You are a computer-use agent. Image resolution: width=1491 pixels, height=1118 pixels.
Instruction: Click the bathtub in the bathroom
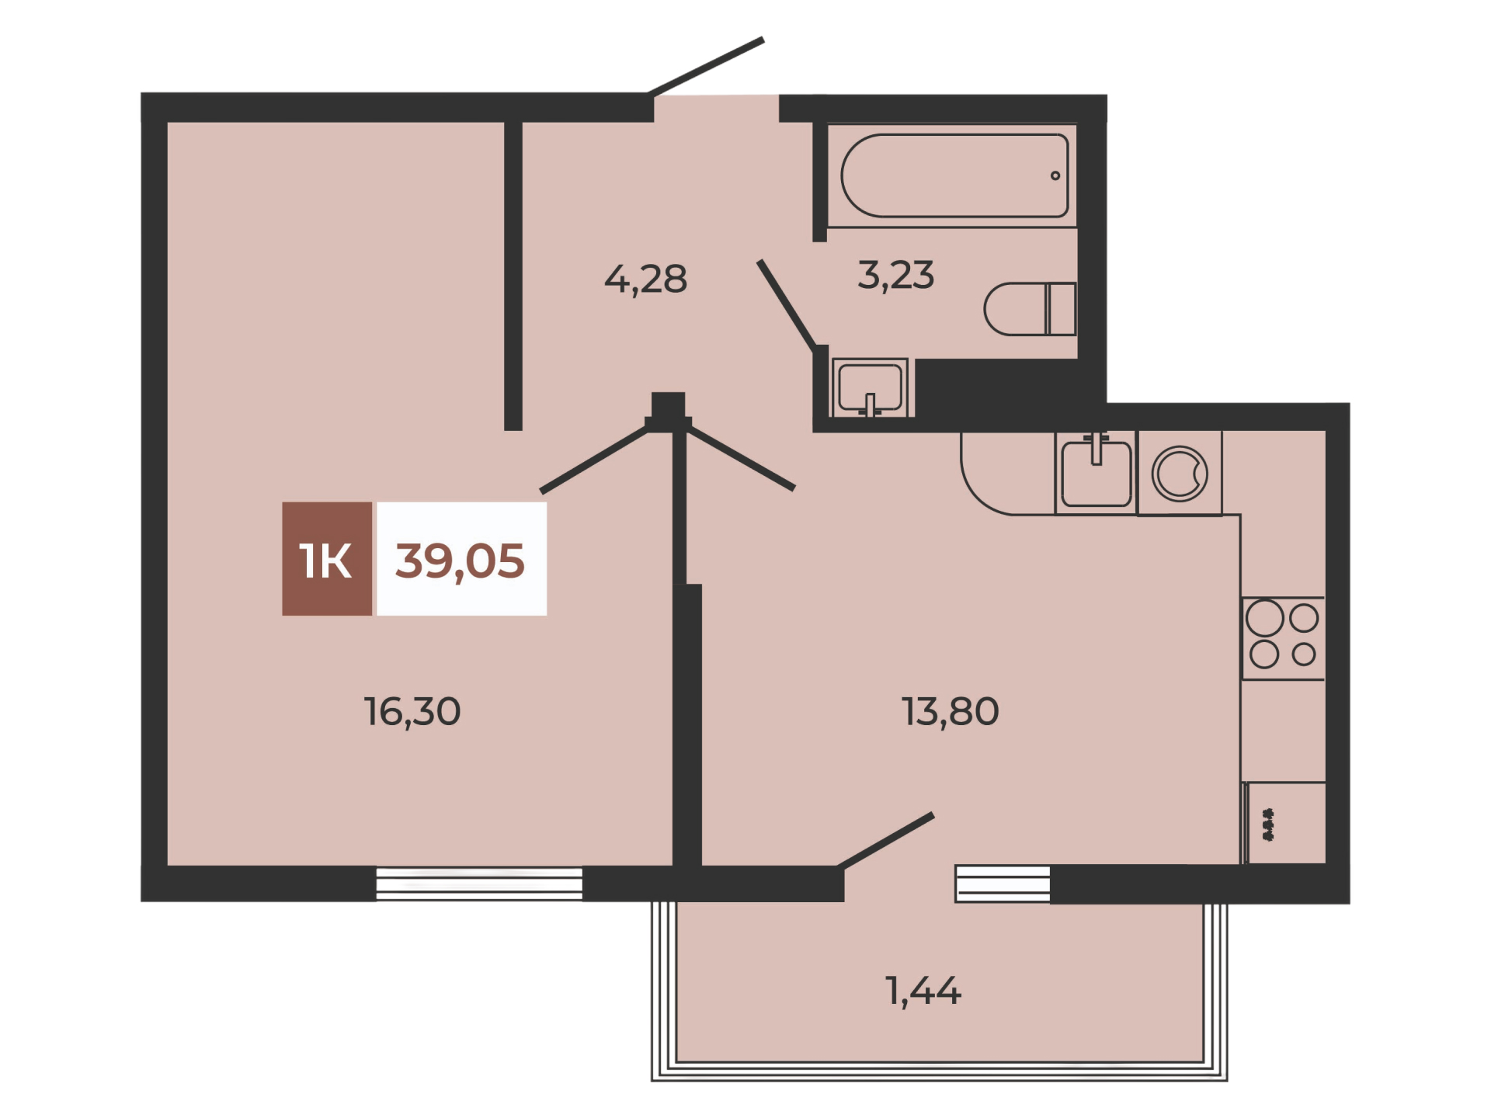coord(954,175)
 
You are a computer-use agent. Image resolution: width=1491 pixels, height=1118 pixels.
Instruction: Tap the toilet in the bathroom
coord(1030,309)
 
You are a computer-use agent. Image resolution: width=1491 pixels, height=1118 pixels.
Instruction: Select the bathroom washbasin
coord(870,387)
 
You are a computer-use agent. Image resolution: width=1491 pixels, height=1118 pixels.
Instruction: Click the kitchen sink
coord(1096,472)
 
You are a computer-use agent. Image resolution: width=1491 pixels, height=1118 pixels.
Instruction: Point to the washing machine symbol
coord(1180,473)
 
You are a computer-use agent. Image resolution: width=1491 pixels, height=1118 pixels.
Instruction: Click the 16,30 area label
coord(412,712)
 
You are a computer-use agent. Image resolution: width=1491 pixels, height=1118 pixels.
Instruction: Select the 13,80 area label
coord(950,712)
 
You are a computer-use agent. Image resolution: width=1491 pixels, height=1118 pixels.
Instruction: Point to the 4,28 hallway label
coord(645,279)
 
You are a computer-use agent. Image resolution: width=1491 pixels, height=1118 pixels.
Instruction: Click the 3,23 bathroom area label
coord(895,276)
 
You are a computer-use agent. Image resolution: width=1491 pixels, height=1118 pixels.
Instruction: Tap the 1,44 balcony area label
coord(923,991)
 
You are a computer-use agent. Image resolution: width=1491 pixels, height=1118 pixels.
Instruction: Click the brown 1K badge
coord(327,559)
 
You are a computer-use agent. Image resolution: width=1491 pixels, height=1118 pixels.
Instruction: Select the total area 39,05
coord(460,561)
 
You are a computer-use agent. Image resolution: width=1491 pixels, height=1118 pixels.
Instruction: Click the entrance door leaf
coord(706,67)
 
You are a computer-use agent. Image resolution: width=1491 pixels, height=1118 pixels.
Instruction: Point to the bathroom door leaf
coord(787,304)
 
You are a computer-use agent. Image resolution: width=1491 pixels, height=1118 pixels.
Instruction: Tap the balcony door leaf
coord(885,841)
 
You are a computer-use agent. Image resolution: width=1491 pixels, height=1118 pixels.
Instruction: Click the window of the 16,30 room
coord(479,884)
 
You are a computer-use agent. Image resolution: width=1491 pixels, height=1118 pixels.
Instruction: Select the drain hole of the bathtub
coord(1055,175)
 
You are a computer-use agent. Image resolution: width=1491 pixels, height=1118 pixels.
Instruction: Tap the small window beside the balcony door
coord(1003,884)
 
